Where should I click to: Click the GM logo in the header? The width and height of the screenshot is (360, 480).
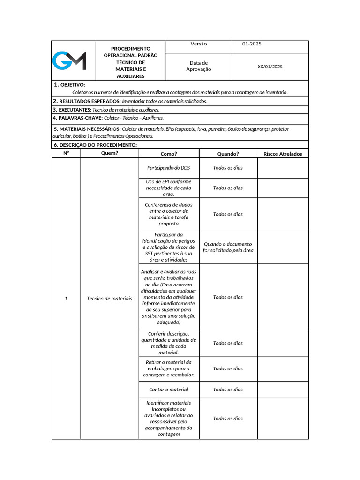point(69,61)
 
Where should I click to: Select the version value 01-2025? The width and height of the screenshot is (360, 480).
point(252,44)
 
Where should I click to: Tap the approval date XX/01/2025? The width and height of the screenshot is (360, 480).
point(270,67)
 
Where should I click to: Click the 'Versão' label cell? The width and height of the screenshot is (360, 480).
point(199,44)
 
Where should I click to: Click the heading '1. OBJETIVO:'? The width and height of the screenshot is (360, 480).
point(69,85)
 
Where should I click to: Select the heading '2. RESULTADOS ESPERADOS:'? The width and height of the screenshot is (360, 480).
point(87,101)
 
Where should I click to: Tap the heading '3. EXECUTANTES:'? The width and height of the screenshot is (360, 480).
point(72,110)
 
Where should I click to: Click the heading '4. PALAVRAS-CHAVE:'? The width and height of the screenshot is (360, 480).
point(77,118)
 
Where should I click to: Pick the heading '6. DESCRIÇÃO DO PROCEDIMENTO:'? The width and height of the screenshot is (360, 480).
point(95,145)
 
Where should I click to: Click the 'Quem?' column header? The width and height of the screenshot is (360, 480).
point(110,153)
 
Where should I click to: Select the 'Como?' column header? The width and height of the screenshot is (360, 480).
point(169,154)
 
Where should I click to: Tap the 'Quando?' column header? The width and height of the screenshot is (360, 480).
point(228,154)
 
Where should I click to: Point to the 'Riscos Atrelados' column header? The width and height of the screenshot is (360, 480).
point(283,154)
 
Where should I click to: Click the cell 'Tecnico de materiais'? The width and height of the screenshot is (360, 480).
point(110,299)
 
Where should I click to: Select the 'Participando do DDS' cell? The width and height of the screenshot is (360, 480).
point(169,168)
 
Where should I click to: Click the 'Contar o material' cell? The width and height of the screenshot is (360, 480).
point(169,390)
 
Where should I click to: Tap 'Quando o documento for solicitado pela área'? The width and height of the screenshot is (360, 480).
point(228,247)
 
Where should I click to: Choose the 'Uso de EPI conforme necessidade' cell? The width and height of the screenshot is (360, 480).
point(169,187)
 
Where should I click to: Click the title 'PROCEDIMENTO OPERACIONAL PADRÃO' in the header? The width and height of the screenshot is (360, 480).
point(131,52)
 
